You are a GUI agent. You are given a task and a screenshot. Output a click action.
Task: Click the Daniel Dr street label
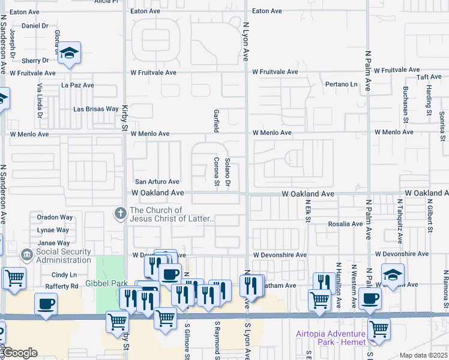35,26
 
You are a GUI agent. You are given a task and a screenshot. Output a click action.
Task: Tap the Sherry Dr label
35,61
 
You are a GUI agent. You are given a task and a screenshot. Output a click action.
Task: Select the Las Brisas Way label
96,109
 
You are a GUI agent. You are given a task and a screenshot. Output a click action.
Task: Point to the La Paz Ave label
78,85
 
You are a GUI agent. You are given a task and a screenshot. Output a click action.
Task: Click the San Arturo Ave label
157,182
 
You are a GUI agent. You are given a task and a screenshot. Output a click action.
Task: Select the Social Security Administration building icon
26,256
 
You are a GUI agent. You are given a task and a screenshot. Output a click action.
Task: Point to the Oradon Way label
55,217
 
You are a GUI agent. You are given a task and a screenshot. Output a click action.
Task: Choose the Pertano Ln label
341,84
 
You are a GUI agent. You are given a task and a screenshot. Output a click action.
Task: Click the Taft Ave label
429,77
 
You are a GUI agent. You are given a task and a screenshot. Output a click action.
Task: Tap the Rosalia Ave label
345,224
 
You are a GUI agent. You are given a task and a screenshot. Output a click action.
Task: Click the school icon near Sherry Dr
70,53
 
